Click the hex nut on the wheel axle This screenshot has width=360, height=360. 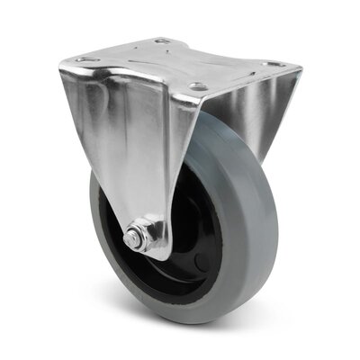[135, 238]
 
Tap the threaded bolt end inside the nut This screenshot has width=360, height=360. [132, 238]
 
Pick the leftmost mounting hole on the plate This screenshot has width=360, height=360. [85, 59]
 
